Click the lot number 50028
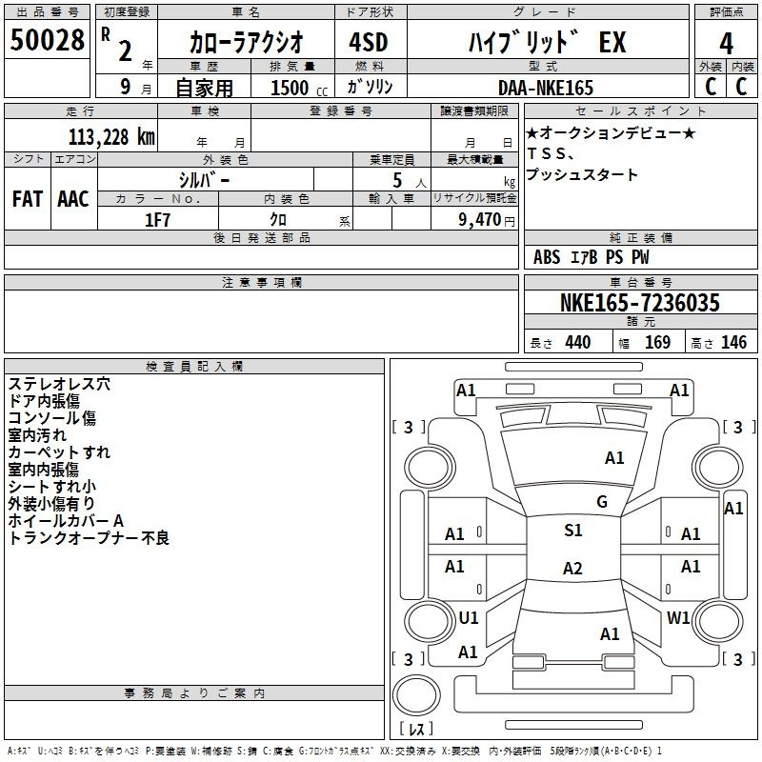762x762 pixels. [x=47, y=40]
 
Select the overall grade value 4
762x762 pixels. [x=726, y=43]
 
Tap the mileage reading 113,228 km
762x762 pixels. [x=111, y=137]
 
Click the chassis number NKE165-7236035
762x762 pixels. [x=639, y=302]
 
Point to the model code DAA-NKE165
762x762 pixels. [x=546, y=88]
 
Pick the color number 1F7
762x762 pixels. [x=158, y=220]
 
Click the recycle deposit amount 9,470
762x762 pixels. [x=480, y=220]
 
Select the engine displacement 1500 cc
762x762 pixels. [x=299, y=88]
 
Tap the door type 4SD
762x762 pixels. [x=369, y=42]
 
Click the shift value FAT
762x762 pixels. [x=28, y=199]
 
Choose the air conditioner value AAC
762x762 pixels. [x=73, y=199]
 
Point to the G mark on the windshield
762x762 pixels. [x=602, y=502]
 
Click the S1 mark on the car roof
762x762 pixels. [x=573, y=531]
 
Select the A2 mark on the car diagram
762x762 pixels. [x=572, y=568]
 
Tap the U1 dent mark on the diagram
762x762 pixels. [x=469, y=618]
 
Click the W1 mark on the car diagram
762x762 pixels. [x=678, y=618]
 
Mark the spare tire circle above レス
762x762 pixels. [x=416, y=694]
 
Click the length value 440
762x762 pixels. [x=578, y=343]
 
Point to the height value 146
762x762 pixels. [x=733, y=343]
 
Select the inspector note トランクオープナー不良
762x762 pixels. [x=89, y=538]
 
